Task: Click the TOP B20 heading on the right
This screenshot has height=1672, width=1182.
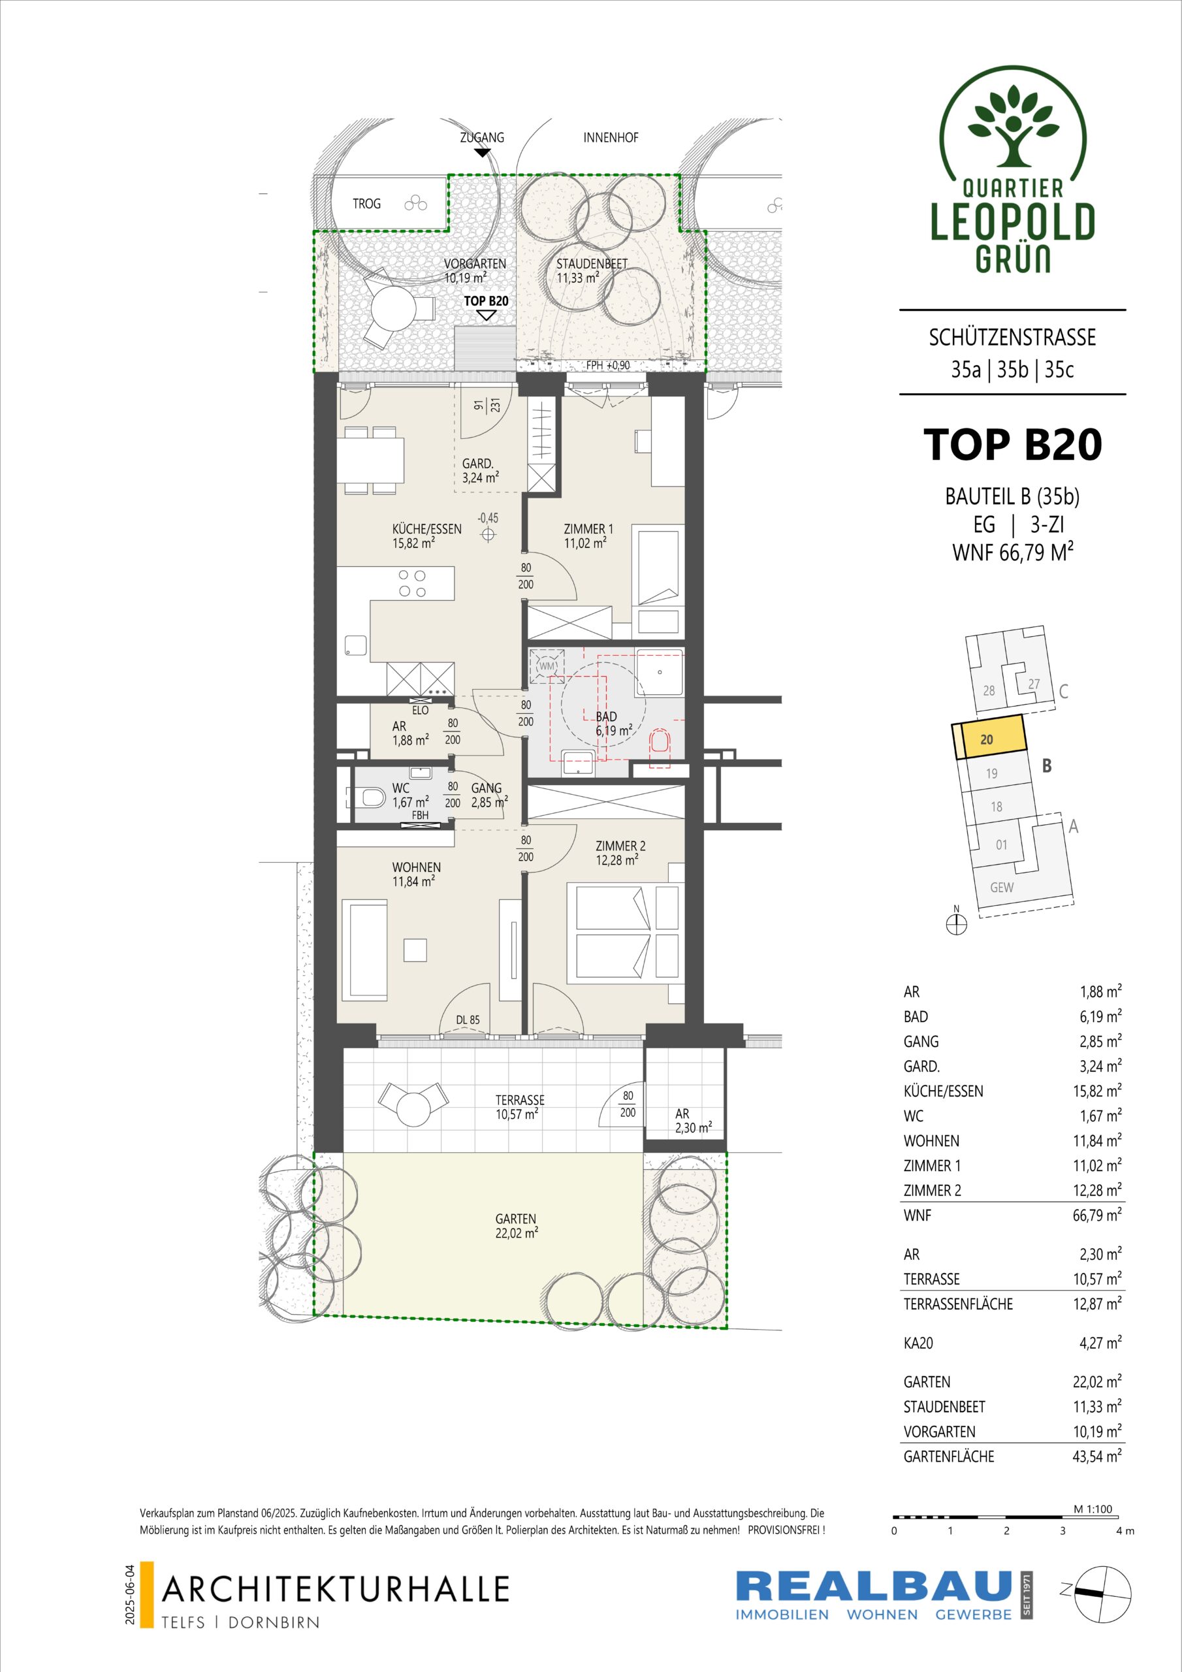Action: (1012, 445)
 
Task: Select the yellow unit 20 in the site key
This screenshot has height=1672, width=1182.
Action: (988, 739)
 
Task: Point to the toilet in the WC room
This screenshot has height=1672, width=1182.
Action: (372, 798)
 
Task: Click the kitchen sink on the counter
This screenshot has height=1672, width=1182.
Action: (356, 645)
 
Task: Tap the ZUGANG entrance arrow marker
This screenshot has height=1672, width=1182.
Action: (481, 152)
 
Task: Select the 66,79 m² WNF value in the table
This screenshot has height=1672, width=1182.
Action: (1098, 1215)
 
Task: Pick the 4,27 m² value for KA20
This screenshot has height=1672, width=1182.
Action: (1100, 1342)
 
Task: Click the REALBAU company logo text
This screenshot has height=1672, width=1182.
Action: (874, 1586)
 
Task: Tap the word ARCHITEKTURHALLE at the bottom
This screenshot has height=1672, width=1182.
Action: (336, 1589)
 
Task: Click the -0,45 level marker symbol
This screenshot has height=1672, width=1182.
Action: (488, 534)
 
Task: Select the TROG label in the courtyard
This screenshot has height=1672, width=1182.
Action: (366, 204)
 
